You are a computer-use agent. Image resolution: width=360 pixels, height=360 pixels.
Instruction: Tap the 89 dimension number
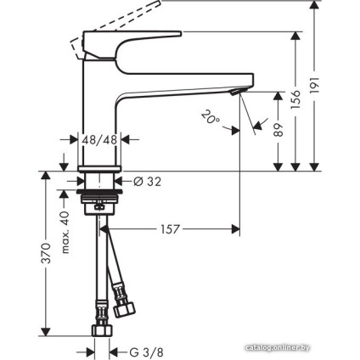click(278, 130)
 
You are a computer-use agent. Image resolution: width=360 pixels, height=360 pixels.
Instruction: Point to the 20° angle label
click(209, 118)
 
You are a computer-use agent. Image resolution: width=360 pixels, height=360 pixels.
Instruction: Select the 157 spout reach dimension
click(170, 228)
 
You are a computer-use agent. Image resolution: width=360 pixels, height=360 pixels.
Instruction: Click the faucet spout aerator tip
click(239, 90)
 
